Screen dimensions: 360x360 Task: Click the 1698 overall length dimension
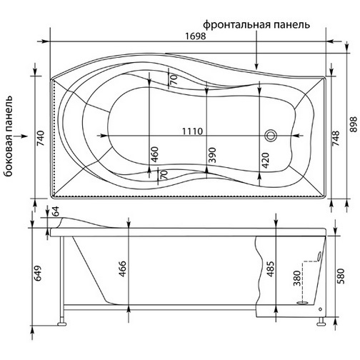[x=195, y=36]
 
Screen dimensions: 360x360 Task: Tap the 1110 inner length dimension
[x=192, y=131]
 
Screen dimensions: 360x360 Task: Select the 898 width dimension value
[x=354, y=124]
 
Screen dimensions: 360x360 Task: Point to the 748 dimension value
[x=336, y=139]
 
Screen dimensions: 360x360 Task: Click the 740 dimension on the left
[x=41, y=138]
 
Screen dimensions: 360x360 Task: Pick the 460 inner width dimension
[x=154, y=154]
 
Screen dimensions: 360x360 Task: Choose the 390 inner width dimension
[x=212, y=155]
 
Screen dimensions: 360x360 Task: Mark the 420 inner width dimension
[x=265, y=161]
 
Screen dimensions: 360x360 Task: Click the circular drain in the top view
[x=271, y=136]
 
